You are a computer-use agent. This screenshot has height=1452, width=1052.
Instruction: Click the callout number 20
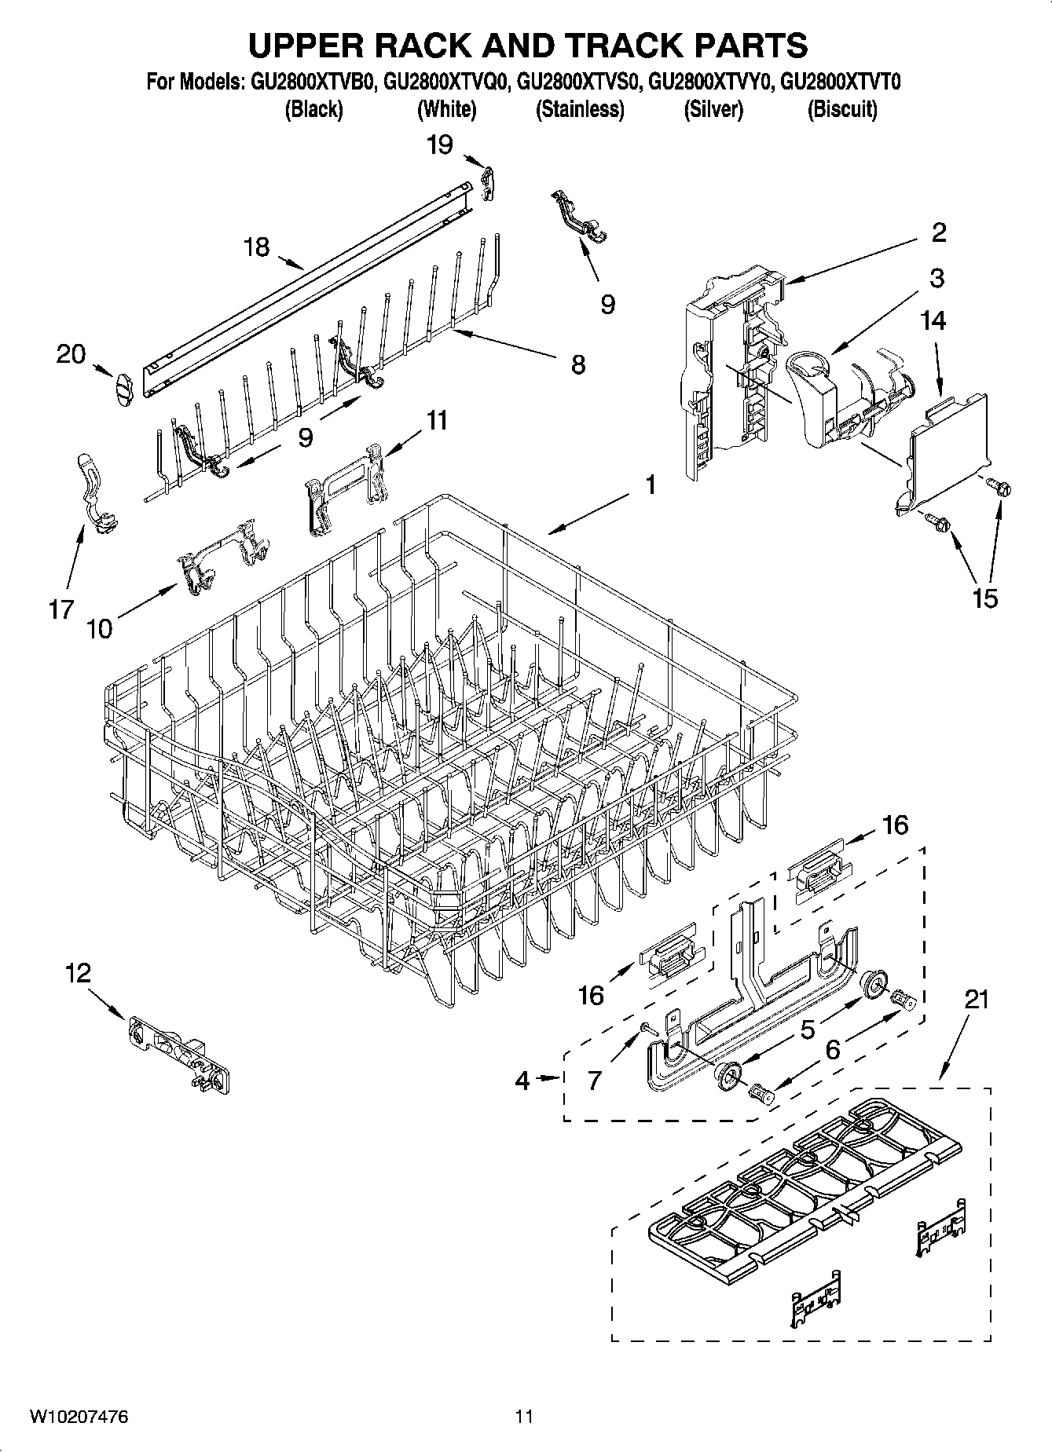[71, 354]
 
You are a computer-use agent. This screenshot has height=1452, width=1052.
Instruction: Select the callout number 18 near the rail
[256, 247]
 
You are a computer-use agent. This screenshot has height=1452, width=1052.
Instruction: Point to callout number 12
[78, 974]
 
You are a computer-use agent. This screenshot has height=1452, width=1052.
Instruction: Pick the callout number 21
[976, 1000]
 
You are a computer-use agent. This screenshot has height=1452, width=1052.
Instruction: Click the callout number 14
[933, 320]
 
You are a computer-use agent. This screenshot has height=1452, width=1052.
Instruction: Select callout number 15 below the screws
[984, 598]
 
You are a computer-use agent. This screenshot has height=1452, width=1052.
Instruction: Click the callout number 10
[100, 628]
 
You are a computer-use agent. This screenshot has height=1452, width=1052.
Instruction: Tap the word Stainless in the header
[580, 110]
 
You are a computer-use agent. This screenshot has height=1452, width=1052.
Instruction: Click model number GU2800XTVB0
[313, 82]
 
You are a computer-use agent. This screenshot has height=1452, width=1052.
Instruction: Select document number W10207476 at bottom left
[79, 1417]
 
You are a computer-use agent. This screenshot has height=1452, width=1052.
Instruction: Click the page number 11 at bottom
[524, 1417]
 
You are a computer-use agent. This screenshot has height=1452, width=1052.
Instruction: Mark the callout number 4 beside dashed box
[522, 1081]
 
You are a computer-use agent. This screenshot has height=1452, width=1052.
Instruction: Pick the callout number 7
[595, 1081]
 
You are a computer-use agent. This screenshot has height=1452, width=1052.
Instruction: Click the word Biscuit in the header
[842, 110]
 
